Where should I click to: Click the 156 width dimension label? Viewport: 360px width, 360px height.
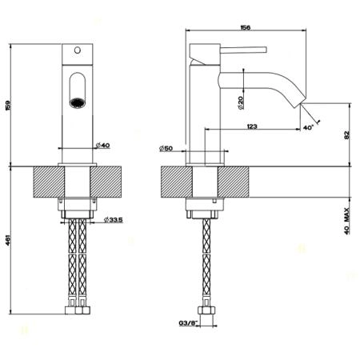tap(246, 27)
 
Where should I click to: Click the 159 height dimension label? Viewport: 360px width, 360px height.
tap(8, 106)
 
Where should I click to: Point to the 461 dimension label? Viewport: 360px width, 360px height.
tap(8, 240)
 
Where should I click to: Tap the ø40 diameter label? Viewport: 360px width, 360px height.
tap(103, 146)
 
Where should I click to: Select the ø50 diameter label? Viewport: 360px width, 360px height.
tap(166, 148)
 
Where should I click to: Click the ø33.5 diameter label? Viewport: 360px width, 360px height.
tap(114, 220)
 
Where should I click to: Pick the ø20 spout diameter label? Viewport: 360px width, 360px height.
tap(240, 102)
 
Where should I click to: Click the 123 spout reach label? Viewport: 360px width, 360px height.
tap(252, 126)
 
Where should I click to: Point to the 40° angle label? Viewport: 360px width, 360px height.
tap(308, 127)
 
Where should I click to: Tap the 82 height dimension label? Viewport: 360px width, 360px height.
tap(346, 134)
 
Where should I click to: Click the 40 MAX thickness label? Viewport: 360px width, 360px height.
tap(346, 221)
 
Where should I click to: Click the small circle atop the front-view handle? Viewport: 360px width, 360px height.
tap(78, 50)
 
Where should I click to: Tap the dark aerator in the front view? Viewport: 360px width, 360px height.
tap(78, 102)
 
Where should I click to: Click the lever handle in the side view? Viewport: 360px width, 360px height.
tap(243, 50)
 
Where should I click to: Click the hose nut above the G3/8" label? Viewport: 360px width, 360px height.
tap(206, 310)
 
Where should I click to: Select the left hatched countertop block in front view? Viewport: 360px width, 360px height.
tap(49, 182)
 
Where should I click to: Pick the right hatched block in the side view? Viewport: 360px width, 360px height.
tap(234, 182)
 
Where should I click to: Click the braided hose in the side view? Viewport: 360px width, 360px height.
tap(206, 258)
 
